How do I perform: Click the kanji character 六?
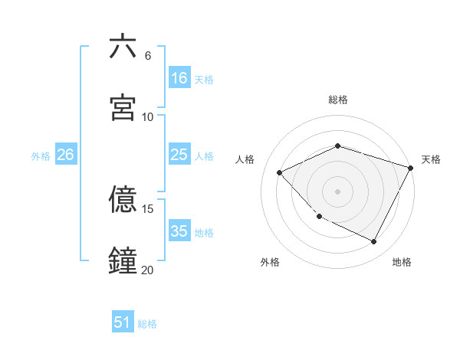(x=123, y=47)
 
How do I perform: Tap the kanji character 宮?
(x=123, y=108)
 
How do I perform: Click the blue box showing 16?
(x=179, y=77)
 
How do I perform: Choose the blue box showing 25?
(x=179, y=155)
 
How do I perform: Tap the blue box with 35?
(x=179, y=231)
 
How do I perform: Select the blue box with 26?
(x=65, y=155)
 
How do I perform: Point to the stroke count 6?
(x=148, y=56)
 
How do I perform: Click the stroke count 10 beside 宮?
(x=148, y=116)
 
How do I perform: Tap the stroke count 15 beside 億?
(x=148, y=208)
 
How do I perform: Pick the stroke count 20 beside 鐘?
(x=148, y=270)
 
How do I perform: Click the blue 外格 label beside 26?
(x=41, y=155)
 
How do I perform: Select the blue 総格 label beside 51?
(x=147, y=324)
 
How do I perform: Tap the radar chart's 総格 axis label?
(x=338, y=100)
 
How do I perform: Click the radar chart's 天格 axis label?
(x=431, y=159)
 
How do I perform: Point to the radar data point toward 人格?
(x=280, y=172)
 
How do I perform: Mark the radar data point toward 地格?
(x=374, y=242)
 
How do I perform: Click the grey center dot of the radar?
(x=338, y=191)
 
